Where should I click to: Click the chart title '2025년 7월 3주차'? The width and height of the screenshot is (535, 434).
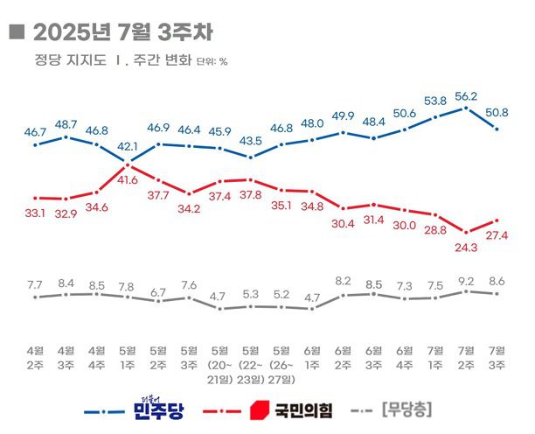pyautogui.click(x=122, y=31)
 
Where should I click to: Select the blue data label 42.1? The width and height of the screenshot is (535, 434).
pyautogui.click(x=128, y=146)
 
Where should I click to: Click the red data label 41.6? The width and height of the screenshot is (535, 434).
pyautogui.click(x=128, y=179)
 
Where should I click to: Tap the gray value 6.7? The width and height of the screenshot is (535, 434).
pyautogui.click(x=158, y=290)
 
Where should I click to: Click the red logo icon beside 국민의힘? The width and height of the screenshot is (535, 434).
pyautogui.click(x=261, y=409)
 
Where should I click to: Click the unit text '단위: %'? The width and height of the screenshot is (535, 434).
pyautogui.click(x=212, y=62)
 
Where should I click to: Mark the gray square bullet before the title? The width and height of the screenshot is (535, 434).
pyautogui.click(x=15, y=32)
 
